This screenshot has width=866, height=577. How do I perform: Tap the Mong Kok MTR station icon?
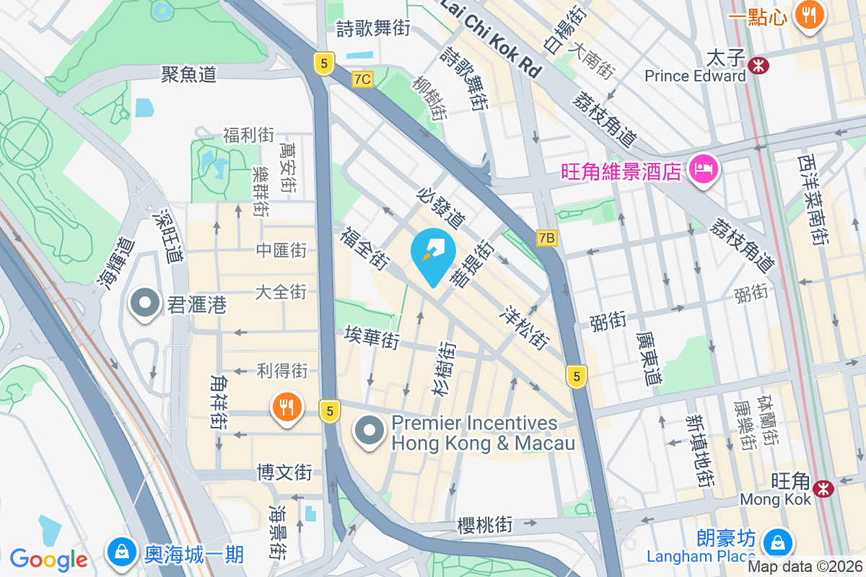(823, 488)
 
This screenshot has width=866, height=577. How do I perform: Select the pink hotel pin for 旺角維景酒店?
(703, 170)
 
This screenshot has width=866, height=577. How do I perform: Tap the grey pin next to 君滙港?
(144, 304)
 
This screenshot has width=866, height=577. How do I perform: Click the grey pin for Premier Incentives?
(370, 431)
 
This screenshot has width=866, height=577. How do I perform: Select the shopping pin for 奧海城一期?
(122, 552)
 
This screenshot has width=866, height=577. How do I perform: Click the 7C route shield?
(363, 79)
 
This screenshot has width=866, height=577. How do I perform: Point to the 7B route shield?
(547, 237)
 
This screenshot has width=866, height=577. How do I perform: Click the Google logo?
(48, 559)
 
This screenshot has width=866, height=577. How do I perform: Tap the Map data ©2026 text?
(805, 566)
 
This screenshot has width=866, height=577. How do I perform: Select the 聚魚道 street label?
(189, 74)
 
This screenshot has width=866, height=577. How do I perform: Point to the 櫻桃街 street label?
(485, 525)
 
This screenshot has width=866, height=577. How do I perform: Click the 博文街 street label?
(284, 472)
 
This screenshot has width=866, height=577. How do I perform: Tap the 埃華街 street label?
(372, 337)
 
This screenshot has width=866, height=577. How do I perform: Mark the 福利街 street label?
(248, 135)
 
